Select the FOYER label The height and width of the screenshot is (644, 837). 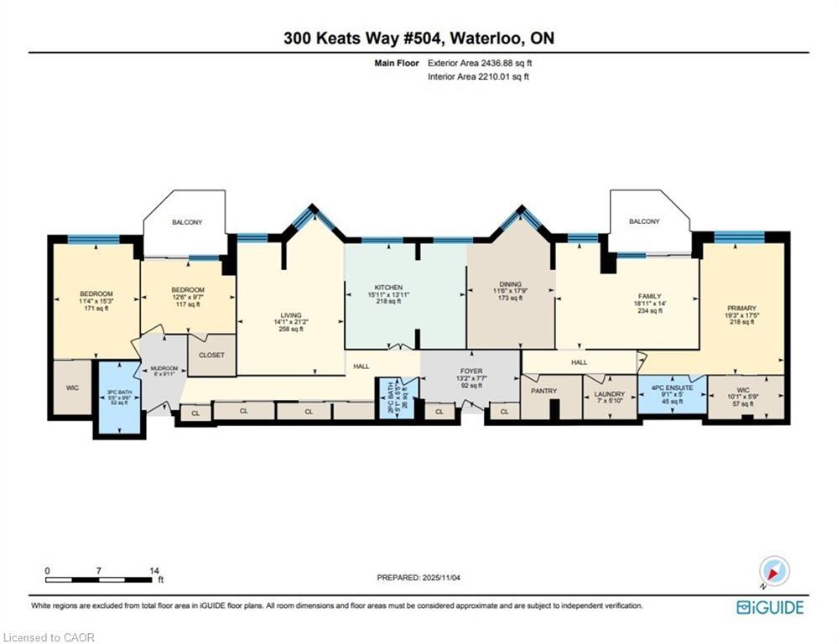click(471, 371)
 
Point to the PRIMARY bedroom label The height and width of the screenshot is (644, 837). click(741, 309)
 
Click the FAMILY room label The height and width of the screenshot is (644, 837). click(649, 296)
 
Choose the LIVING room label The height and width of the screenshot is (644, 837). click(290, 315)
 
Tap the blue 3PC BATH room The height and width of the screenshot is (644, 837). click(117, 397)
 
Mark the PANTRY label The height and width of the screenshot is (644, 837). click(544, 392)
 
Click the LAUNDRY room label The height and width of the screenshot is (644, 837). click(610, 394)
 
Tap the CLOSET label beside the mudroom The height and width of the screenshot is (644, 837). click(211, 356)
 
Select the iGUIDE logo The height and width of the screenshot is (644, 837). click(769, 607)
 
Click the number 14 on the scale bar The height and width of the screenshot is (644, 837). click(154, 570)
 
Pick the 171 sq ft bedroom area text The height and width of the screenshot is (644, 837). click(95, 309)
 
